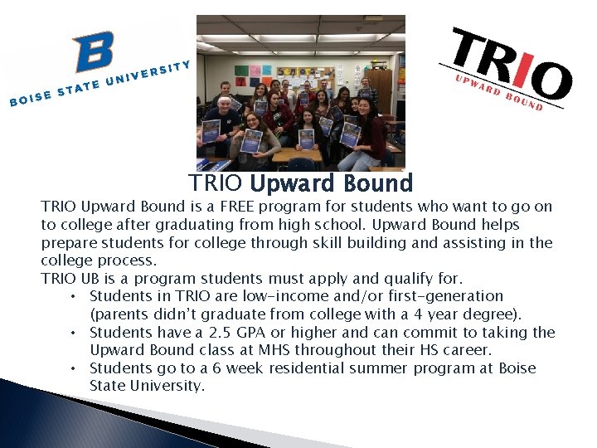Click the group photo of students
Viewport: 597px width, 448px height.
tap(300, 93)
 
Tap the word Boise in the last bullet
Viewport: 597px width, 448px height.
tap(517, 368)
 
